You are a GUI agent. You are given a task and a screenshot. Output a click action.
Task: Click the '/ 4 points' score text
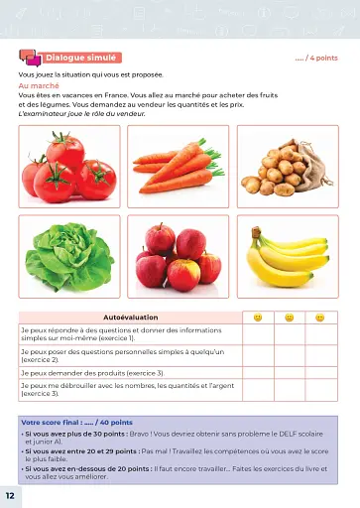pos(316,60)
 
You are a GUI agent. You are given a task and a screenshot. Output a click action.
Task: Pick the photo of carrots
pos(179,167)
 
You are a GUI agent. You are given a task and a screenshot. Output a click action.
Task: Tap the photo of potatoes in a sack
pos(286,167)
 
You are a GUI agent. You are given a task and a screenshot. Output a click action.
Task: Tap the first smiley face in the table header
pos(258,317)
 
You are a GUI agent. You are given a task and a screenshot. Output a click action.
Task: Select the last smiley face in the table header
pos(319,317)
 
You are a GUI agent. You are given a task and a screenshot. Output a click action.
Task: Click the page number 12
pos(9,494)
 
